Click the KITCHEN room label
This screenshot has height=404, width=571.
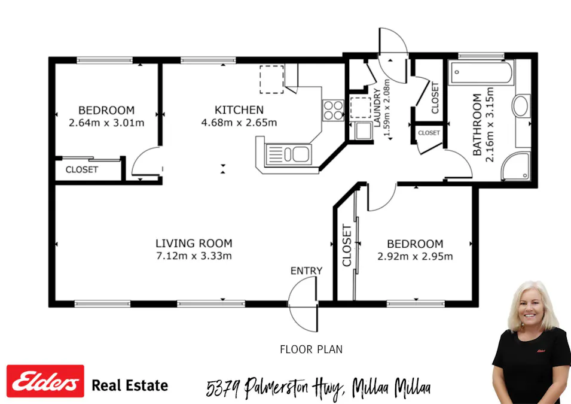pyautogui.click(x=239, y=110)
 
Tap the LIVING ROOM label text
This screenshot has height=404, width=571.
pyautogui.click(x=194, y=244)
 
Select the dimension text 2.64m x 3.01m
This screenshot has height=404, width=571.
pyautogui.click(x=106, y=123)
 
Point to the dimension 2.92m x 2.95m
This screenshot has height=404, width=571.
pyautogui.click(x=415, y=257)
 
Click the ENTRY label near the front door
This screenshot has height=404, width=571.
pyautogui.click(x=306, y=271)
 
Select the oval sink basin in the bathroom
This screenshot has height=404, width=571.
pyautogui.click(x=520, y=107)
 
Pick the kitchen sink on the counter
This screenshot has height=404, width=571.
pyautogui.click(x=287, y=154)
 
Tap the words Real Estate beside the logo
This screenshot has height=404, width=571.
pyautogui.click(x=129, y=385)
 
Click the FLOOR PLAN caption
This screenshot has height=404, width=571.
pyautogui.click(x=311, y=349)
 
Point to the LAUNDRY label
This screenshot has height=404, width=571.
pyautogui.click(x=377, y=108)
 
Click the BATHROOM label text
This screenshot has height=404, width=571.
pyautogui.click(x=477, y=124)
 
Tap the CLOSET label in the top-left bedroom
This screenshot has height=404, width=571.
pyautogui.click(x=82, y=169)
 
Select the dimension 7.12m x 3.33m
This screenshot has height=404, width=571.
pyautogui.click(x=194, y=256)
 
